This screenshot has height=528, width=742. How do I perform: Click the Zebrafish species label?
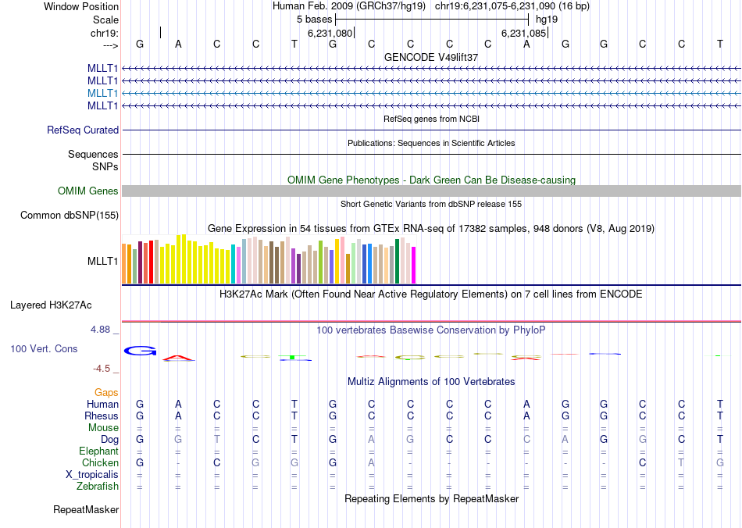(99, 486)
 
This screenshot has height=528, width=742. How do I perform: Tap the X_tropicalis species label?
(92, 474)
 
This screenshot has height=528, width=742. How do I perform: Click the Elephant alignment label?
(98, 451)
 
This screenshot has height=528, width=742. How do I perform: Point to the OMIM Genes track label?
(88, 191)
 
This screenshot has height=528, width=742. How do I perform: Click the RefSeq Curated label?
(83, 130)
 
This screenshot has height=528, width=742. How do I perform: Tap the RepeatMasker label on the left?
(86, 510)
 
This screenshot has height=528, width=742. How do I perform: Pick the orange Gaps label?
(106, 392)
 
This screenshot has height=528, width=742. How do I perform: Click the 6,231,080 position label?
(330, 34)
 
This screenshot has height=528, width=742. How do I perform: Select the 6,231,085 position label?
(523, 34)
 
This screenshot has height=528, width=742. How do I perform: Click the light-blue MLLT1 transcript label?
(103, 93)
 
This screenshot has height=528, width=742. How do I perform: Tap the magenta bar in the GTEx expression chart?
(413, 265)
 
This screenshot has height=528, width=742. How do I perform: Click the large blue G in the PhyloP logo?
(141, 351)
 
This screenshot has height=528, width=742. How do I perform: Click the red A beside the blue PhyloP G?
(179, 359)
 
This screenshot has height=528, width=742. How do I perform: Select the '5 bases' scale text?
(314, 19)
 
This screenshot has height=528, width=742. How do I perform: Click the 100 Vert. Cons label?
(44, 348)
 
